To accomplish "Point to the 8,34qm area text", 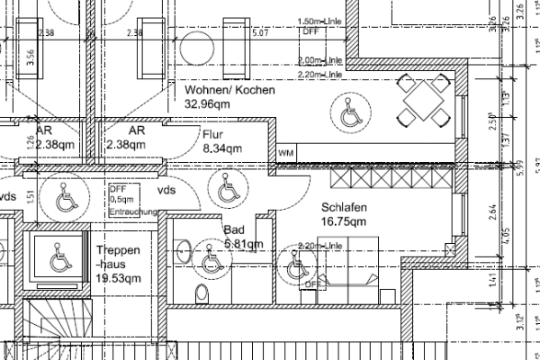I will click(223, 148).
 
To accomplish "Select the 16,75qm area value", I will click(344, 221).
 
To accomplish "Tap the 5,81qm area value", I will click(242, 243).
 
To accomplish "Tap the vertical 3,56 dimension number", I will click(31, 59).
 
